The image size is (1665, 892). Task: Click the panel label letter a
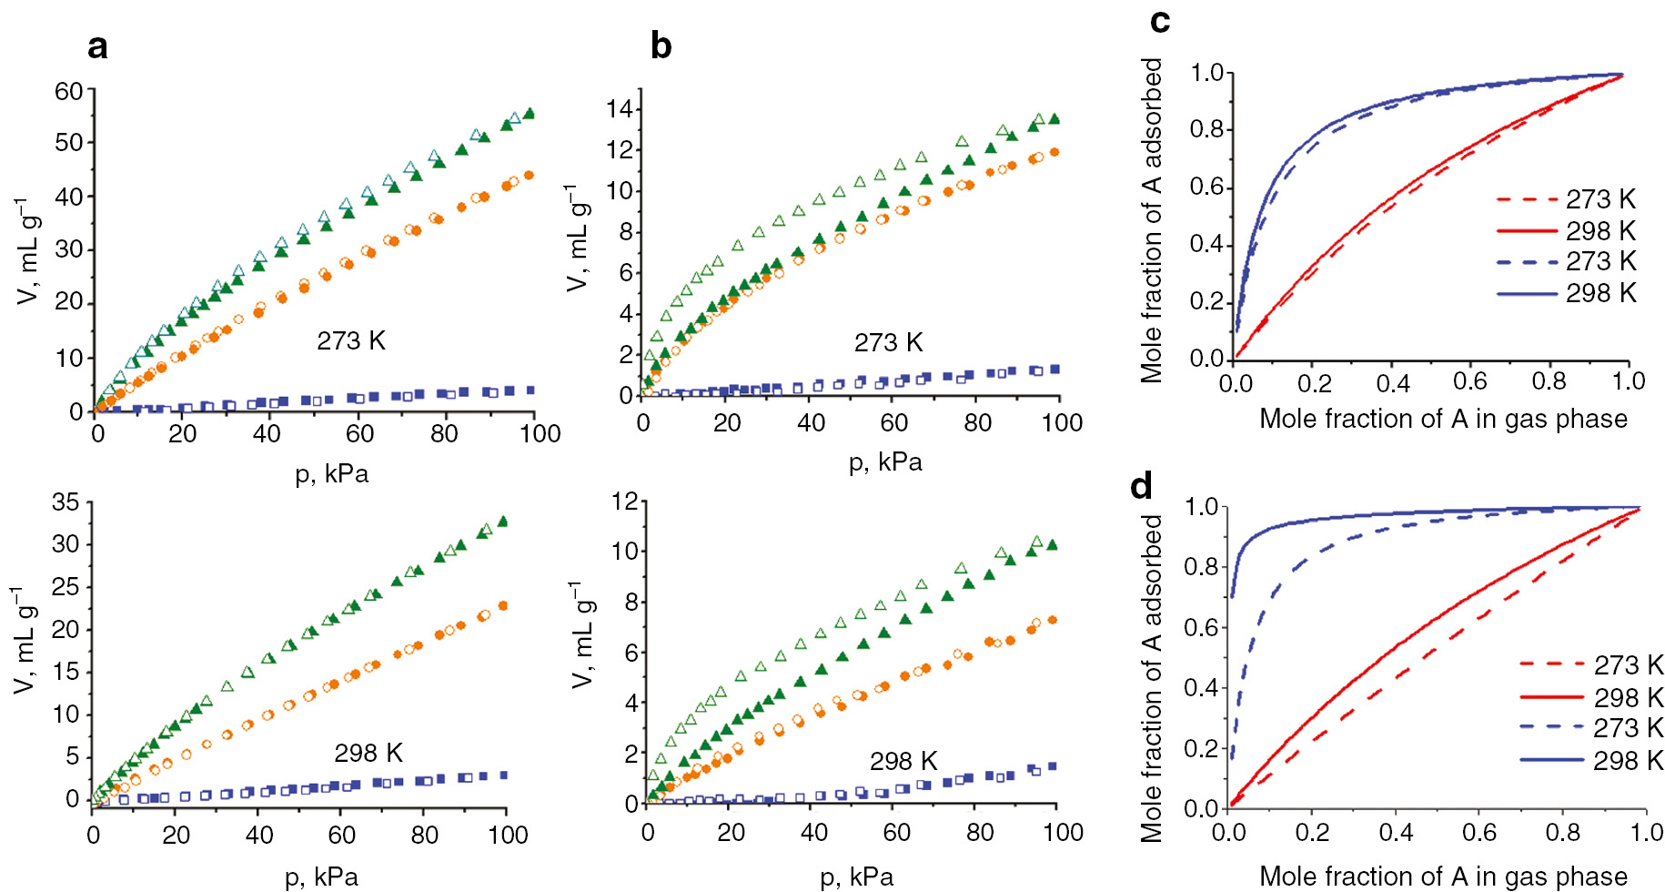tap(97, 46)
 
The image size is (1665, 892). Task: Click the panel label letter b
tap(661, 46)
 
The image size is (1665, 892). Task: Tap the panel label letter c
tap(1160, 20)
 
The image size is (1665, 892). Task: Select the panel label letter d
tap(1141, 486)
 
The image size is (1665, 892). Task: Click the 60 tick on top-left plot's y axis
tap(68, 91)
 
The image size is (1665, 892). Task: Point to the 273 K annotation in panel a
tap(351, 340)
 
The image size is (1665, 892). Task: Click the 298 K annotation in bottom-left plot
tap(368, 753)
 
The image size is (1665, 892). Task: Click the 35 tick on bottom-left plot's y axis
tap(66, 502)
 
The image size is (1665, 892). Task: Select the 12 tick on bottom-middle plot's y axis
tap(624, 502)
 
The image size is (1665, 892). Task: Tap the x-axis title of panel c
tap(1443, 419)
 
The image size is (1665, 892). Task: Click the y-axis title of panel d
tap(1152, 678)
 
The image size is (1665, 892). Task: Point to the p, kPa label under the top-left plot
tap(332, 473)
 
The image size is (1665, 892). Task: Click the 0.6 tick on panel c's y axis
tap(1207, 188)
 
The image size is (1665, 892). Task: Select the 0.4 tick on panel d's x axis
tap(1396, 832)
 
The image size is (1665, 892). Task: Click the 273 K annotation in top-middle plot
tap(888, 342)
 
